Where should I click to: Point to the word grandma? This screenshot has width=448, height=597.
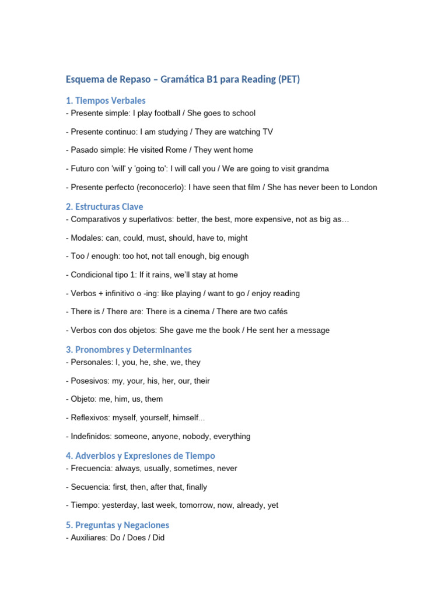tap(313, 168)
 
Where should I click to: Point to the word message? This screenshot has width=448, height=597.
tap(313, 330)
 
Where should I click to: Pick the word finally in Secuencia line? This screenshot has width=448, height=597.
tap(194, 487)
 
